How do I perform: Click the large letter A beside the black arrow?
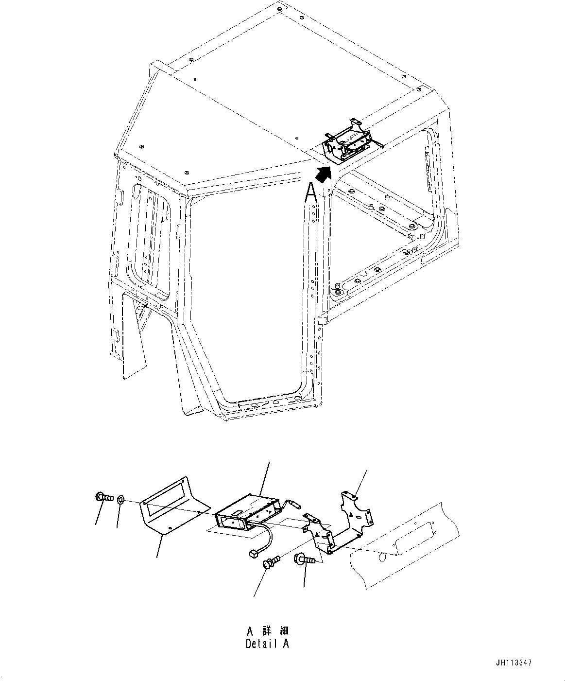click(311, 192)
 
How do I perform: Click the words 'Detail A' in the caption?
click(267, 644)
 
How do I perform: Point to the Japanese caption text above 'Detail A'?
click(267, 631)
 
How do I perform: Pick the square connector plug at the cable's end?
click(253, 553)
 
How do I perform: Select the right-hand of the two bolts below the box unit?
click(304, 560)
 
